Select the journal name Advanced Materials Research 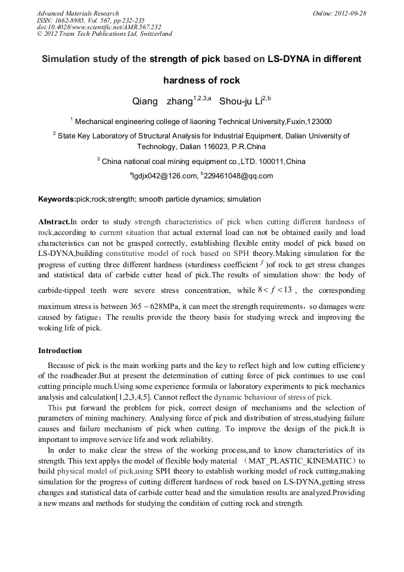click(x=77, y=13)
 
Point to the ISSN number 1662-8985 click(x=71, y=20)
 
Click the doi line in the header click(x=99, y=27)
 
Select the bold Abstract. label click(x=54, y=221)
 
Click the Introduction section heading click(x=60, y=350)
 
